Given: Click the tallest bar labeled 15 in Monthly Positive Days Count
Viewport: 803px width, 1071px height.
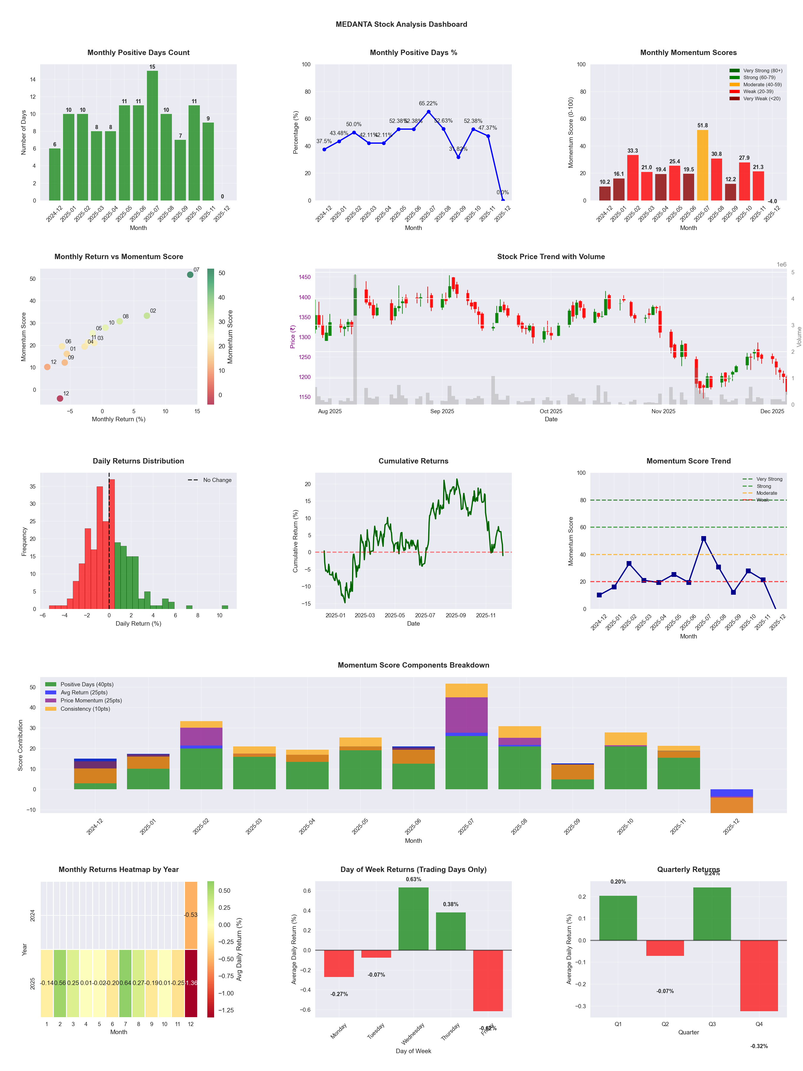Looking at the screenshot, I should (x=152, y=136).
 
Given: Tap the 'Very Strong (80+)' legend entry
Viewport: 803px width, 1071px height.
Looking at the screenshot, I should (x=762, y=71).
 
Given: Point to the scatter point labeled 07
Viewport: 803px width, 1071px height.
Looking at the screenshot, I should (x=190, y=275).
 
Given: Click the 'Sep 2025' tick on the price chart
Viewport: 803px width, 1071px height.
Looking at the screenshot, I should (x=442, y=411).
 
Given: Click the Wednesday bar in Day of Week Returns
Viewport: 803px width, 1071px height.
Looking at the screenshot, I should (x=413, y=918).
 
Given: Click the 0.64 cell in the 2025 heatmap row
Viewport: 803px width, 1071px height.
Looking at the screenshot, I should (x=125, y=983).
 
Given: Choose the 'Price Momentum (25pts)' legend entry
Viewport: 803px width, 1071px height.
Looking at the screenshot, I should (x=91, y=701).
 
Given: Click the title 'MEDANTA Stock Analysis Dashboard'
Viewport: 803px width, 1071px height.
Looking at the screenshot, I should (x=401, y=24).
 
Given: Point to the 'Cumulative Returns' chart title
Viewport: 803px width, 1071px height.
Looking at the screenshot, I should (x=413, y=461).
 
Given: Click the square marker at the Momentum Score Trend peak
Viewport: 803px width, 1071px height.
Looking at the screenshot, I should (x=703, y=538).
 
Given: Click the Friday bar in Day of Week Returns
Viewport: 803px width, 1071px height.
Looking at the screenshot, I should (x=488, y=981).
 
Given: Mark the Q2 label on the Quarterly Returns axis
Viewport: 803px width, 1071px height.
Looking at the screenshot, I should (x=665, y=1024).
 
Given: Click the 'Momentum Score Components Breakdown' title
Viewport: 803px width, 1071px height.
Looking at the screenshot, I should (x=413, y=665).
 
